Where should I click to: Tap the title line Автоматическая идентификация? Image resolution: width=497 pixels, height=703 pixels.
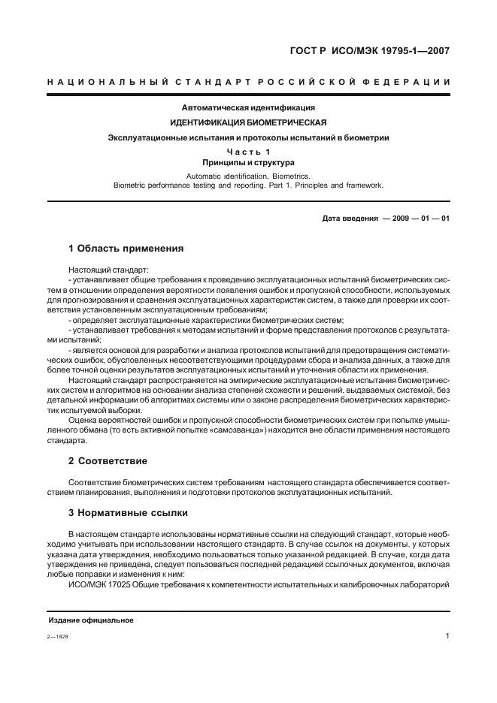[x=249, y=108]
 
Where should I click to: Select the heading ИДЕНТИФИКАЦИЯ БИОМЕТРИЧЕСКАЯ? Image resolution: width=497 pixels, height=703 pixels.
[x=248, y=122]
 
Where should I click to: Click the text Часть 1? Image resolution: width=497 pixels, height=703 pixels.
[x=248, y=152]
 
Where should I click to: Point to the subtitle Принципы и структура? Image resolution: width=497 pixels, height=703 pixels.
[x=248, y=162]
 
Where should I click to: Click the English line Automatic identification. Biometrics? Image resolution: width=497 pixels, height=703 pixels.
[x=248, y=175]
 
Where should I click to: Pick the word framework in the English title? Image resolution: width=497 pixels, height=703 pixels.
[x=363, y=185]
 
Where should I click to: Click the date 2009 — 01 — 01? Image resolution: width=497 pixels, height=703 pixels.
[x=416, y=218]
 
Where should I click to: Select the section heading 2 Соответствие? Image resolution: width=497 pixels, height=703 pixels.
[x=108, y=460]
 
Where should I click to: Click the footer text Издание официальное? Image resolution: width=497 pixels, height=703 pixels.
[x=91, y=620]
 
